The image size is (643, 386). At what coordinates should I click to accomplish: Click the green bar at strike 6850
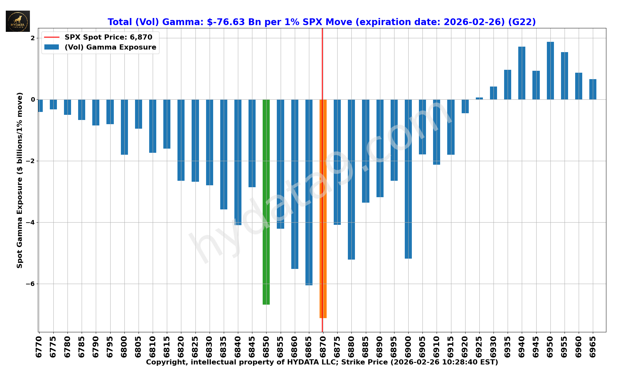pyautogui.click(x=266, y=202)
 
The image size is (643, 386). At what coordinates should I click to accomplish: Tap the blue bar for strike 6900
pyautogui.click(x=408, y=179)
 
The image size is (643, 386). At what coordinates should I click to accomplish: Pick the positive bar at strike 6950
pyautogui.click(x=550, y=70)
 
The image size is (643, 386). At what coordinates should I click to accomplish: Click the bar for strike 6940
pyautogui.click(x=522, y=73)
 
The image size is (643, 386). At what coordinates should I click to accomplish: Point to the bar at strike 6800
pyautogui.click(x=124, y=127)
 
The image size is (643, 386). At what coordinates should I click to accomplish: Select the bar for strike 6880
pyautogui.click(x=351, y=179)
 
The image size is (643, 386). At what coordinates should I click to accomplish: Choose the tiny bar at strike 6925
pyautogui.click(x=479, y=98)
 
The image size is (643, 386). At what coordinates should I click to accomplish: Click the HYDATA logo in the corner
pyautogui.click(x=18, y=21)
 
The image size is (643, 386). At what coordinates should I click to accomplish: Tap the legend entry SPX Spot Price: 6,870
pyautogui.click(x=108, y=37)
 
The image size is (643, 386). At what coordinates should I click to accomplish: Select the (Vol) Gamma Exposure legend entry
pyautogui.click(x=110, y=47)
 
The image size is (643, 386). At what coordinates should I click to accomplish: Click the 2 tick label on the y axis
pyautogui.click(x=32, y=38)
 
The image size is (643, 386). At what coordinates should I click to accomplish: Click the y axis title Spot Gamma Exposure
pyautogui.click(x=20, y=180)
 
